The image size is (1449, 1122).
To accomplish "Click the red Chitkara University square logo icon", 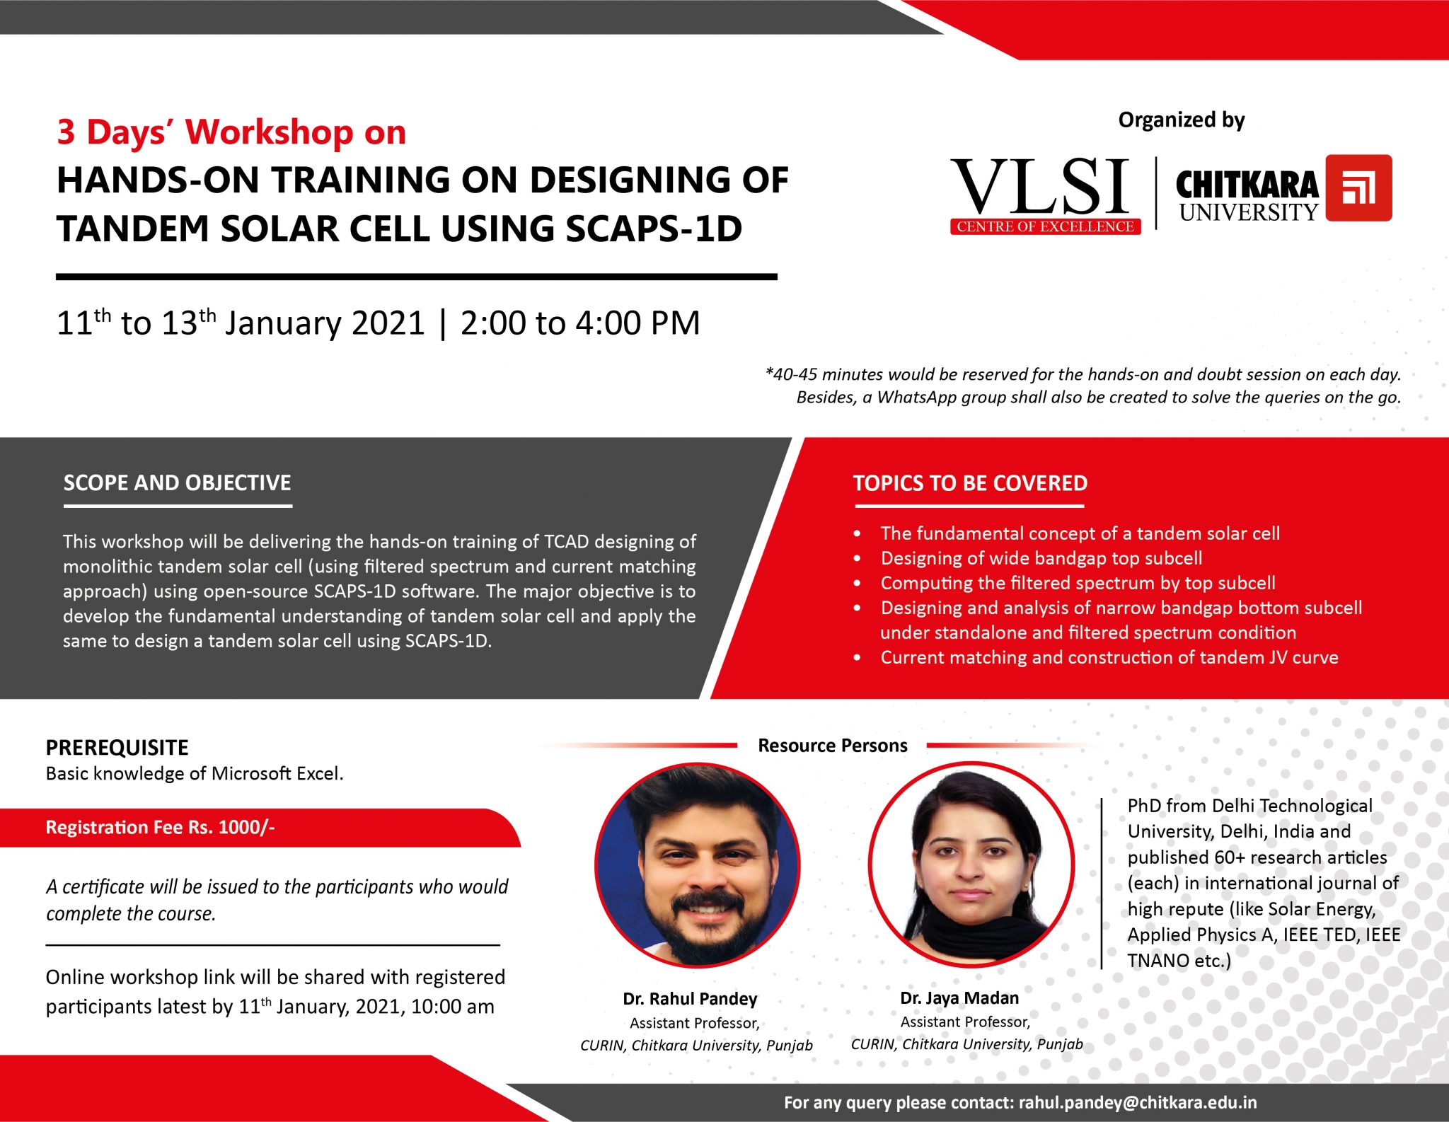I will click(x=1358, y=188).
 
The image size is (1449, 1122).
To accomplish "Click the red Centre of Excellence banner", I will click(x=1045, y=227).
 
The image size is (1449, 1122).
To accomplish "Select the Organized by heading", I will click(x=1181, y=120).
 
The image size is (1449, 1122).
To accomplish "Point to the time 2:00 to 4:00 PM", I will click(x=579, y=323).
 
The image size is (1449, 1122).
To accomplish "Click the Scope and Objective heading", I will click(x=177, y=483).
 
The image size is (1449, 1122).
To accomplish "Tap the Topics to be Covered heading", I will click(x=970, y=483).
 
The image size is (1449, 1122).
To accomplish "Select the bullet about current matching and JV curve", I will click(x=1109, y=657).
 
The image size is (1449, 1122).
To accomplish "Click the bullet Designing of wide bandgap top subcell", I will click(x=1041, y=558).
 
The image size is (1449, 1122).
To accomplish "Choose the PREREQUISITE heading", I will click(x=117, y=748).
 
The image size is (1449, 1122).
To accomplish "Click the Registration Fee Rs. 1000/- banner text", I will click(x=160, y=827).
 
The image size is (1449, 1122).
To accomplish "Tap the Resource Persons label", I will click(x=832, y=746).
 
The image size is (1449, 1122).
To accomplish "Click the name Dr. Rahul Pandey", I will click(x=690, y=999).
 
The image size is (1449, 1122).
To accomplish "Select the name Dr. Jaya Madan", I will click(x=959, y=998).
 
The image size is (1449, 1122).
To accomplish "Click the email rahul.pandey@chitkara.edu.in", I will click(x=1138, y=1102).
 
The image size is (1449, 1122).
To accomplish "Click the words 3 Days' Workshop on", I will click(x=231, y=132).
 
